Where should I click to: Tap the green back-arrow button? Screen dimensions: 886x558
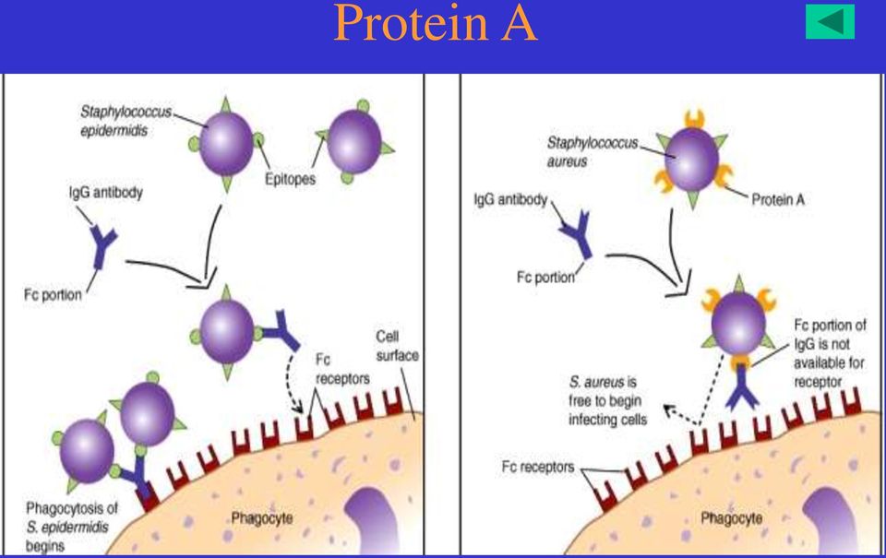[x=830, y=21]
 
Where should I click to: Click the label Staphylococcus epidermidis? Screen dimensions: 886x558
[x=126, y=121]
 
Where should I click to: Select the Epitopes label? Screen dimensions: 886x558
[x=290, y=179]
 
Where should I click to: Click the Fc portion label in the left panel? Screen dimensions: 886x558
[x=53, y=294]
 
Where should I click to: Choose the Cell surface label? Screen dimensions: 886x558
[x=397, y=346]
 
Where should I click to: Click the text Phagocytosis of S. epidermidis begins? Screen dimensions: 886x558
[x=71, y=527]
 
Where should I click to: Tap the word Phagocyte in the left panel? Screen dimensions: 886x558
[x=261, y=518]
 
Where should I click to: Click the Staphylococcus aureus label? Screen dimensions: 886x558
[x=592, y=152]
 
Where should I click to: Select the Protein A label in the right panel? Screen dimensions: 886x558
[x=777, y=199]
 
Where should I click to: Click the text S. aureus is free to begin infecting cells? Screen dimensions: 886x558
[x=607, y=400]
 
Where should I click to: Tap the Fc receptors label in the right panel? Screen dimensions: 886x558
[x=537, y=467]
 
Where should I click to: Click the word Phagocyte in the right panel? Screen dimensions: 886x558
[x=731, y=518]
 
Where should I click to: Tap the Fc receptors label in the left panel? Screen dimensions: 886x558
[x=342, y=369]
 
